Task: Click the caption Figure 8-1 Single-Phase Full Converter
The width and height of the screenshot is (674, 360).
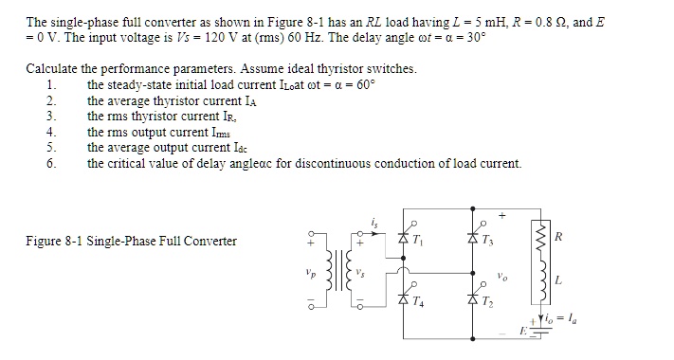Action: (131, 241)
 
